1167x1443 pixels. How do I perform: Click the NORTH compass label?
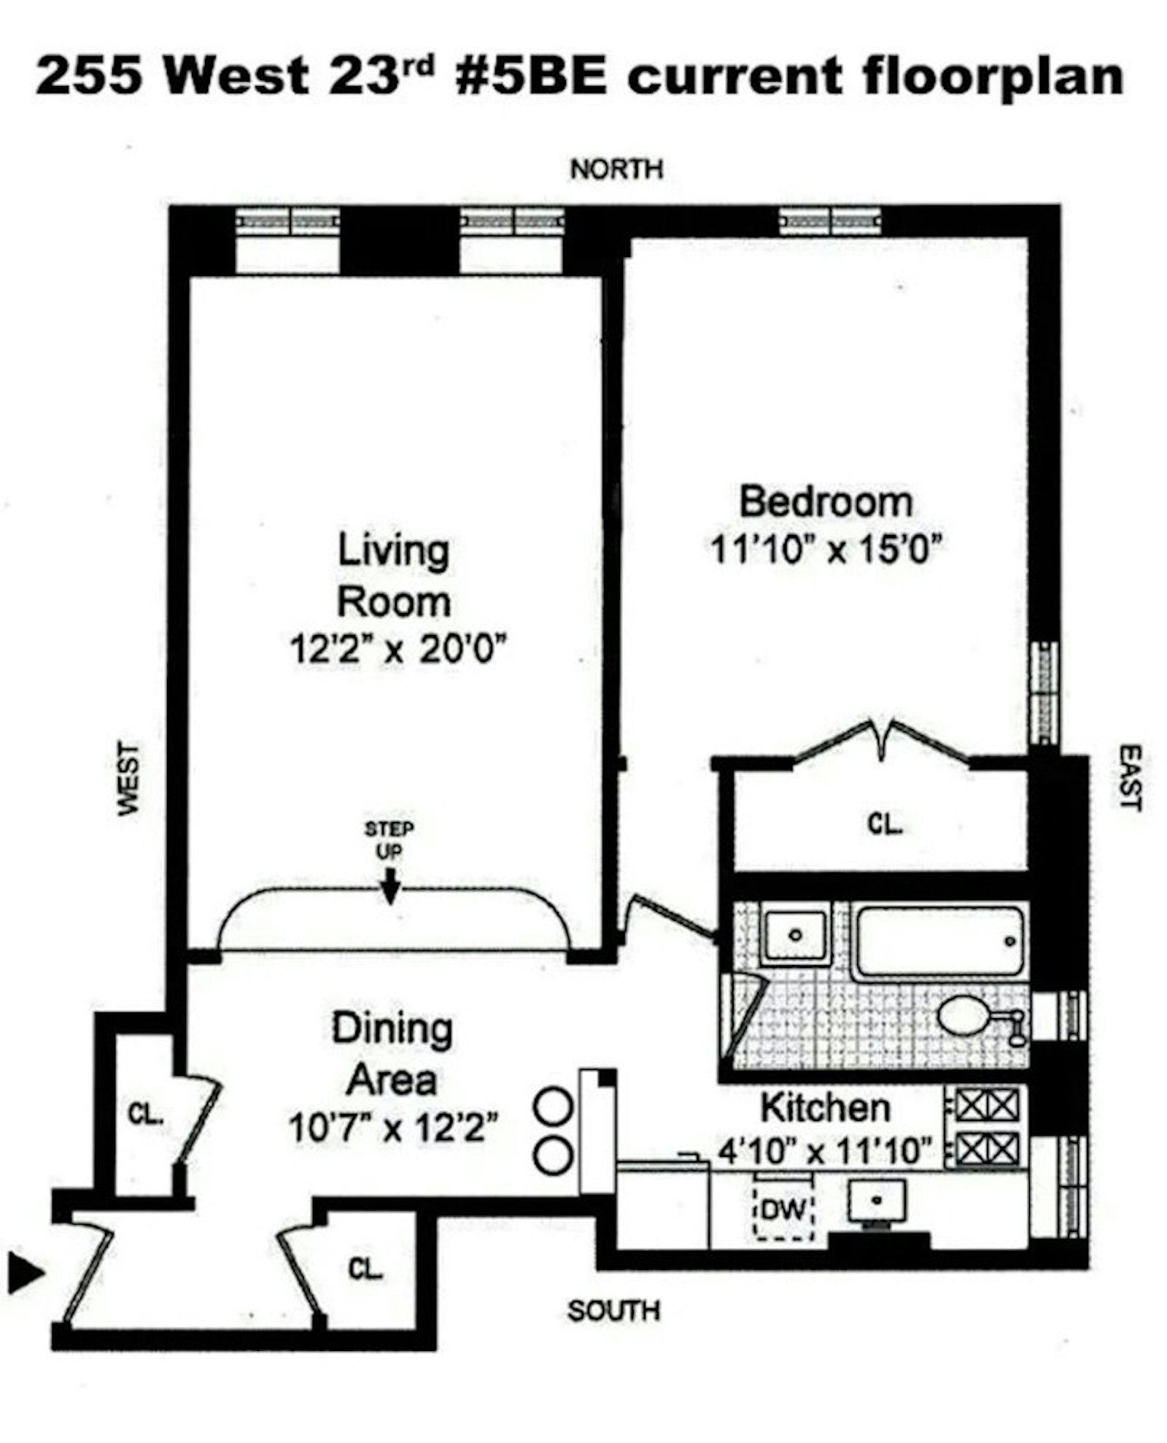coord(616,169)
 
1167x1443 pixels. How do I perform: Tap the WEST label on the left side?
coord(128,779)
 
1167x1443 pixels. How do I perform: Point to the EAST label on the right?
coord(1128,777)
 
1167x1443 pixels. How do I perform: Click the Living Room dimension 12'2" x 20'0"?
coord(398,649)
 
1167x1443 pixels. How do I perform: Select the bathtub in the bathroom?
coord(939,941)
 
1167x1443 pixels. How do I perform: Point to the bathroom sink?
coord(796,935)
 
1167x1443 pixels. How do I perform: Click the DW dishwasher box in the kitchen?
coord(783,1211)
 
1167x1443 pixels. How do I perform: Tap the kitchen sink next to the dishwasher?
coord(877,1201)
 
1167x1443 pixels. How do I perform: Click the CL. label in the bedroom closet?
coord(885,824)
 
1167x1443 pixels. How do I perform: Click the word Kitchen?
coord(825,1108)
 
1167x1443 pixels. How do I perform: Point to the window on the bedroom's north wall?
coord(829,221)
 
